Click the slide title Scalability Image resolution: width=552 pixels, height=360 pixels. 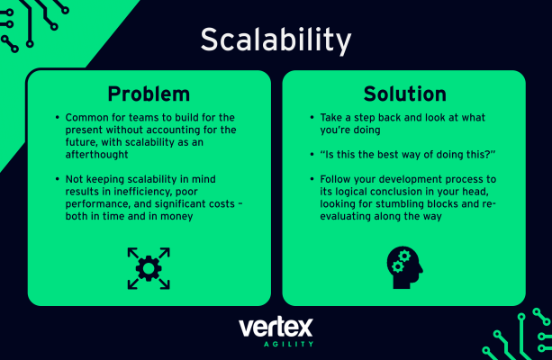coord(276,40)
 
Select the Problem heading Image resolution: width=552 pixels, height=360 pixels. coord(149,94)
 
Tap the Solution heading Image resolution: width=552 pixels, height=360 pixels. coord(404,94)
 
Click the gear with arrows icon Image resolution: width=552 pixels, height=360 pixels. coord(149,267)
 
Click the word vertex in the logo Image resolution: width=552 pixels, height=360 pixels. coord(276,328)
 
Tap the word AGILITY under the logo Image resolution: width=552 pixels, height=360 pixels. coord(276,345)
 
